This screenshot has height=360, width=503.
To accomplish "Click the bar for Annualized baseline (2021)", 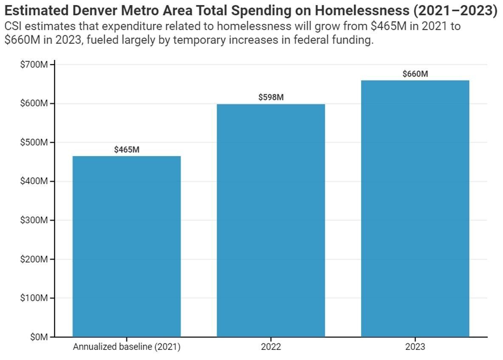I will click(x=127, y=247).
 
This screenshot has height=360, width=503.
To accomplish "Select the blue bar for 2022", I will click(x=271, y=221).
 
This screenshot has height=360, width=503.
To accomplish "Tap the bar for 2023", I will click(x=415, y=208).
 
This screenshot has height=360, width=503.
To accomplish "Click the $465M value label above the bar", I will click(x=127, y=150).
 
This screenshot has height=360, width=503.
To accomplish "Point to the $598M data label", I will click(x=271, y=97).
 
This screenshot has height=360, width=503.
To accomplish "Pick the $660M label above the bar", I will click(x=415, y=74).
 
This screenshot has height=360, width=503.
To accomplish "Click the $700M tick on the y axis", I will click(x=34, y=65).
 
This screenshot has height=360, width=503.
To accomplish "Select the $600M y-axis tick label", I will click(x=34, y=104).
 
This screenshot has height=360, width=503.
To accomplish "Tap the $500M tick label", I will click(x=34, y=142).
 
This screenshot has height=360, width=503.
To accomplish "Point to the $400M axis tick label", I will click(x=34, y=181).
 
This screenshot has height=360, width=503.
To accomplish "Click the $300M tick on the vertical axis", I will click(x=34, y=220).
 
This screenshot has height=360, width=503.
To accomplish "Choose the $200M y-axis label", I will click(x=34, y=259).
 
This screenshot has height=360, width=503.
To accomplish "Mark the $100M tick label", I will click(x=34, y=298).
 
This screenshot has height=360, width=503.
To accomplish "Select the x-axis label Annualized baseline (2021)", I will click(x=127, y=347).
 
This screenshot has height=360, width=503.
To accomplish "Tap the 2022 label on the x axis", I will click(x=271, y=347).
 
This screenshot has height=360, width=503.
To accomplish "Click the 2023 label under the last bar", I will click(x=415, y=347).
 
